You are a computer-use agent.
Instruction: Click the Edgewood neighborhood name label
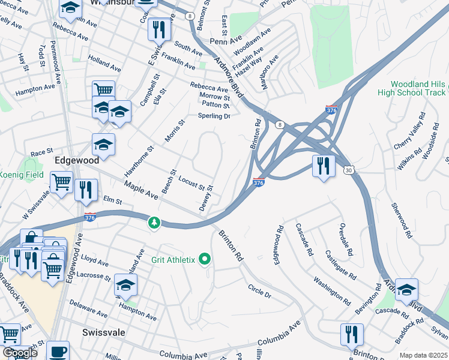[x=76, y=161]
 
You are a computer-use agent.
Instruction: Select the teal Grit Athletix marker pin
[x=205, y=259]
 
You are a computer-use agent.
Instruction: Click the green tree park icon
[x=155, y=223]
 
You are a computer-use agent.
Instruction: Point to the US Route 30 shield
[x=348, y=170]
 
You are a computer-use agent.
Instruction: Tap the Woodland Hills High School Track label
[x=412, y=88]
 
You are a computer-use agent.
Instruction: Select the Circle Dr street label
[x=259, y=291]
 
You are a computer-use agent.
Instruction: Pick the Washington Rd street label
[x=331, y=289]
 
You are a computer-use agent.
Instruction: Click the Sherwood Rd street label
[x=400, y=220]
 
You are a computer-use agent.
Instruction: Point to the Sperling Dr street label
[x=214, y=116]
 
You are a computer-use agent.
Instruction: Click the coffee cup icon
[x=58, y=350]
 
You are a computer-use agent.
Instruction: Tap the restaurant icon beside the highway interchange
[x=324, y=165]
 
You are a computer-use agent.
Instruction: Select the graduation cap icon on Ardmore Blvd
[x=406, y=290]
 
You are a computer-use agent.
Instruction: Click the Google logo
[x=19, y=352]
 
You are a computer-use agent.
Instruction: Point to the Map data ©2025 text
[x=423, y=355]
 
